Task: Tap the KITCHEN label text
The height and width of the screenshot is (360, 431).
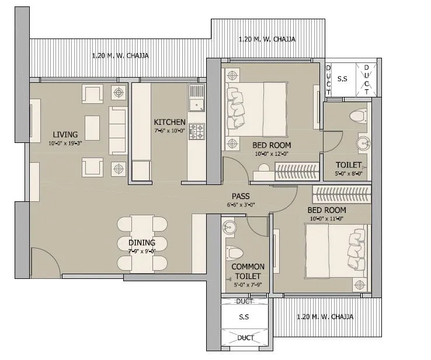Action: tap(169, 122)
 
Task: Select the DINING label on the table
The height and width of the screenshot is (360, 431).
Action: tap(142, 243)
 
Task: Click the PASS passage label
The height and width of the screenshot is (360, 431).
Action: tap(241, 197)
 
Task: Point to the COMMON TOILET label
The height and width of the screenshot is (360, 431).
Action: tap(248, 271)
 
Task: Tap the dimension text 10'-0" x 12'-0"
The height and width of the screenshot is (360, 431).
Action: tap(271, 154)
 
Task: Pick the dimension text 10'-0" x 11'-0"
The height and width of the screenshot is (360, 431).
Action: tap(326, 218)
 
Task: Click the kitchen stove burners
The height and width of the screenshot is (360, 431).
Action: tap(196, 130)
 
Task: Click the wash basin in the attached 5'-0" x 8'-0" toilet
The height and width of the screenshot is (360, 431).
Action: tap(363, 142)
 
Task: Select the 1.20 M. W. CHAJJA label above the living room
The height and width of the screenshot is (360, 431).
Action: tap(120, 56)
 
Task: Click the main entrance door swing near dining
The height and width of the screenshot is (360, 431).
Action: tap(44, 260)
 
